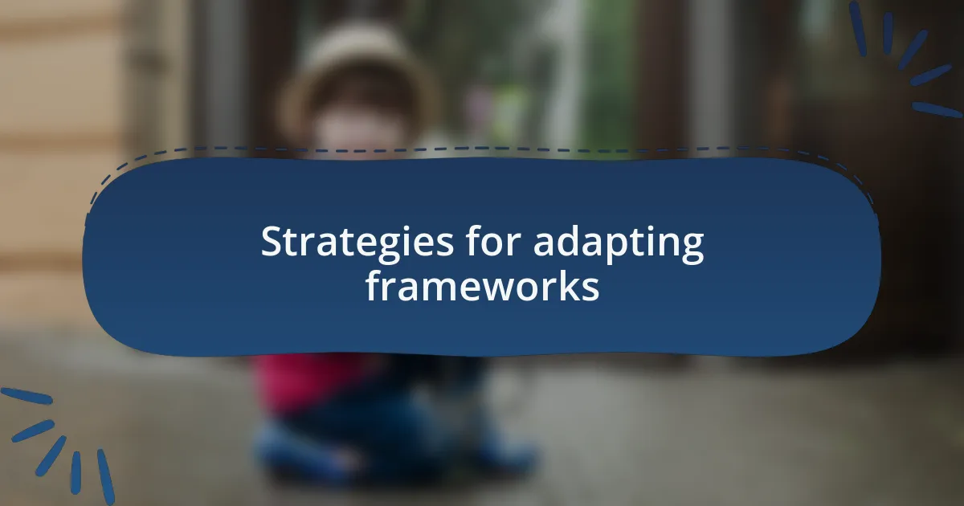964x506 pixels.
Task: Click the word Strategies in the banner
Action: (357, 242)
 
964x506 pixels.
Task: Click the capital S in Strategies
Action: (273, 242)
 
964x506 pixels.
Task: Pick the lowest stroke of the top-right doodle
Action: (937, 110)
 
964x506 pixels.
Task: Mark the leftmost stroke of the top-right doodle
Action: (858, 29)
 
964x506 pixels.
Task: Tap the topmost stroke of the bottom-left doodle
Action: (27, 396)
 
